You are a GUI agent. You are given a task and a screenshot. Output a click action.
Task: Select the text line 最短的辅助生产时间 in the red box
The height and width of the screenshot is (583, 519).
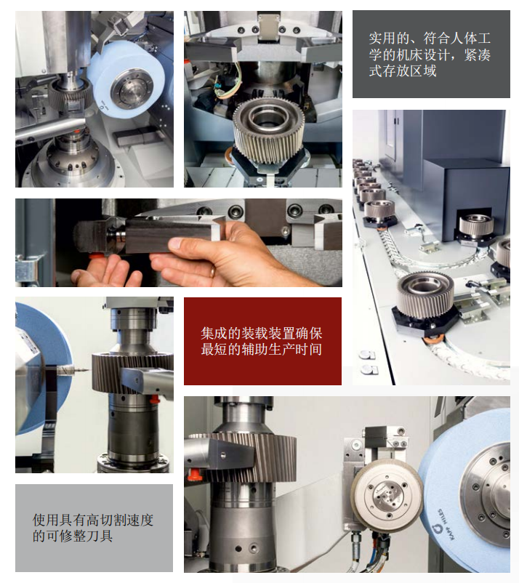click(261, 350)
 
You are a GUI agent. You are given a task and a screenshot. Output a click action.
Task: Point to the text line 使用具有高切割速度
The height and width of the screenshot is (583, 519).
click(93, 520)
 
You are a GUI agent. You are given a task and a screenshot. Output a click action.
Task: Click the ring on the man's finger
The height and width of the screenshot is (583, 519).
click(212, 270)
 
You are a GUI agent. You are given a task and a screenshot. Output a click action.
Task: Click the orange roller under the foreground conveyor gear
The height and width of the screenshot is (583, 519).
click(435, 336)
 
